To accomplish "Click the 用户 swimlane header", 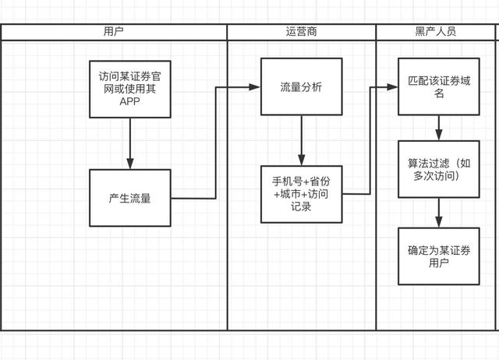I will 113,32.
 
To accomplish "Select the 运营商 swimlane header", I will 301,32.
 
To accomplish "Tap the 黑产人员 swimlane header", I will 436,32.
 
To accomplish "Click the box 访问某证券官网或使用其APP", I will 129,88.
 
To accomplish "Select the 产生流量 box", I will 129,198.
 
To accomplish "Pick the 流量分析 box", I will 301,86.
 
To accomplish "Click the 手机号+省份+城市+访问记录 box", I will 301,194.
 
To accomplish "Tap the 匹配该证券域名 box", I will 437,86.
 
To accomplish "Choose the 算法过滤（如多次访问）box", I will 437,169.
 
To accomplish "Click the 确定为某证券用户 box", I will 437,256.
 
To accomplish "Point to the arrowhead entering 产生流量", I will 129,164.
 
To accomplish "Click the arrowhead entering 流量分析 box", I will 255,86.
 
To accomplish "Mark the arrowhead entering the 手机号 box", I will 301,160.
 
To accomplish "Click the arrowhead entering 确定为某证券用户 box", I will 438,221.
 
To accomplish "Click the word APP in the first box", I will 129,101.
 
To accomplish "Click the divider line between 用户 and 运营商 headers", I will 227,32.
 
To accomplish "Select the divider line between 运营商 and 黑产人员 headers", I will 376,32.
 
